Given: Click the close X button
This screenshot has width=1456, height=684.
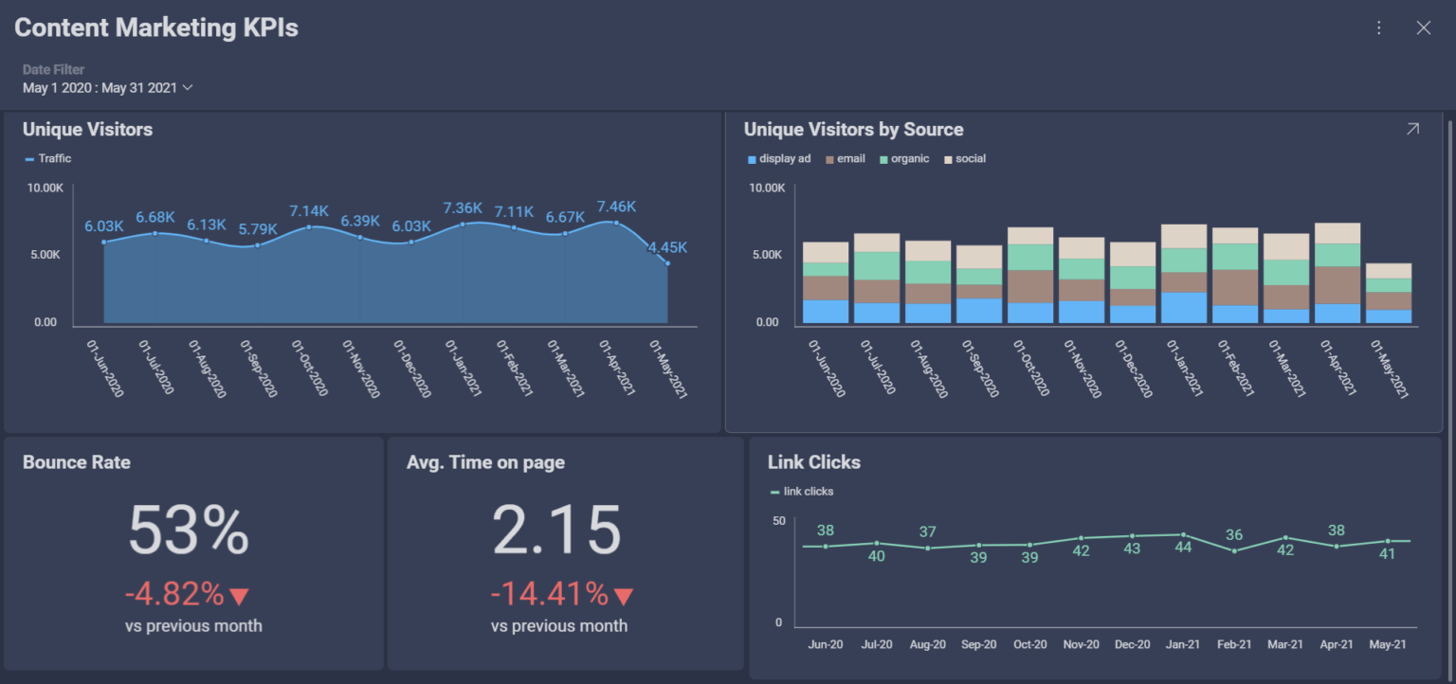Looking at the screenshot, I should [1423, 28].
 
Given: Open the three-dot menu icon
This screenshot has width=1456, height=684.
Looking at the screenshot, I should [1379, 28].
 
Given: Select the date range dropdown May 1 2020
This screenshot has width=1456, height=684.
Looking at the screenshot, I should [107, 88].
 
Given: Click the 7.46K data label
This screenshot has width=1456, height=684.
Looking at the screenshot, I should [616, 207].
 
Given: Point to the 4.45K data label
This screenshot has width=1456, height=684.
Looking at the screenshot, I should [667, 248].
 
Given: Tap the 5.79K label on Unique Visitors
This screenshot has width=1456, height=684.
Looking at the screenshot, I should [258, 228].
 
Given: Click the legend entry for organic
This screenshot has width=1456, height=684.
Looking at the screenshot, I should [904, 159].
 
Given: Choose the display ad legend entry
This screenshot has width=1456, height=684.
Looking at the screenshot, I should [779, 159].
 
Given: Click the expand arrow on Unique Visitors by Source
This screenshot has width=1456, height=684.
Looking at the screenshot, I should [1412, 130].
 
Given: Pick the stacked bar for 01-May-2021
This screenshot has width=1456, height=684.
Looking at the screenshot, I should [1388, 294].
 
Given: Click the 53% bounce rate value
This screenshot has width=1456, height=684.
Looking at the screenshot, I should [189, 531].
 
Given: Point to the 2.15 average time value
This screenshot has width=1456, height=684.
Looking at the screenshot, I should [556, 531].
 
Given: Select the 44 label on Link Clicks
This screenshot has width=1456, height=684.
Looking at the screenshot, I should [1183, 547].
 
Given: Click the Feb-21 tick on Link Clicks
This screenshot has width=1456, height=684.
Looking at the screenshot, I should [1234, 644].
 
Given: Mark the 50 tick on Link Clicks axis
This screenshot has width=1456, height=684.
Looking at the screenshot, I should [778, 521].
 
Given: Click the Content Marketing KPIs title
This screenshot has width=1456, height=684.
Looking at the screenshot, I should [156, 28].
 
